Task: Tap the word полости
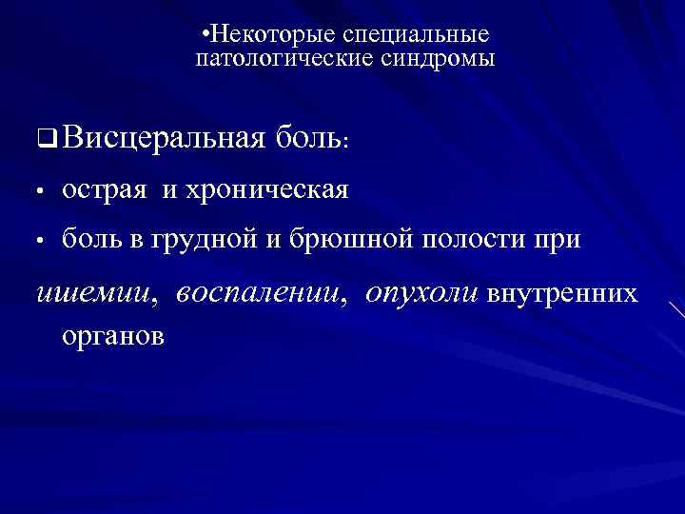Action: tap(473, 240)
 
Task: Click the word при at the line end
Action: tap(558, 240)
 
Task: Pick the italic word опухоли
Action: tap(422, 294)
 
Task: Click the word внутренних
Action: tap(563, 294)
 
